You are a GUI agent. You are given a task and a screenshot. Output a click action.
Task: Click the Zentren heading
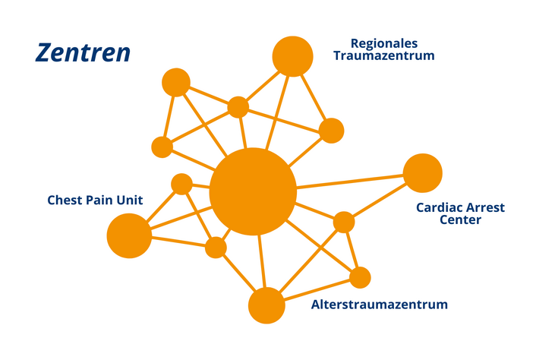tap(83, 53)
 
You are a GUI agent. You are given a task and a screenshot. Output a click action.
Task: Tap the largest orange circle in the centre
tap(253, 191)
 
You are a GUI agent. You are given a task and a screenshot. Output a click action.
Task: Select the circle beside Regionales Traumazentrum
tap(292, 56)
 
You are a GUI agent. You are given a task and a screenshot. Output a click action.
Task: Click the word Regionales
tap(384, 43)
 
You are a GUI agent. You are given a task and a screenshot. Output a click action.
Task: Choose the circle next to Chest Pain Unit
tap(129, 235)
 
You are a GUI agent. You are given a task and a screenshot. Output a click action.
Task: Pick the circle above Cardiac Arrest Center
tap(423, 173)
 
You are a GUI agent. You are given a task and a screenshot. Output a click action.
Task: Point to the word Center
tap(460, 221)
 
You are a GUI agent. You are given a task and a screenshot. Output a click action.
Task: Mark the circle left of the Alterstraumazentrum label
tap(266, 306)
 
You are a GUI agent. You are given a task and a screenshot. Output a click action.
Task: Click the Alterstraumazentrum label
tap(380, 305)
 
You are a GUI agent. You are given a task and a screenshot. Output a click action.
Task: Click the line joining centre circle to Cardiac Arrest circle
tap(349, 182)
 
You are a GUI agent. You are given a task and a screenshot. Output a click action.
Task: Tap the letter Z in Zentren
tap(43, 53)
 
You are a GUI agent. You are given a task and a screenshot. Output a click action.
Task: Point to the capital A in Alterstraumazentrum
tap(317, 305)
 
